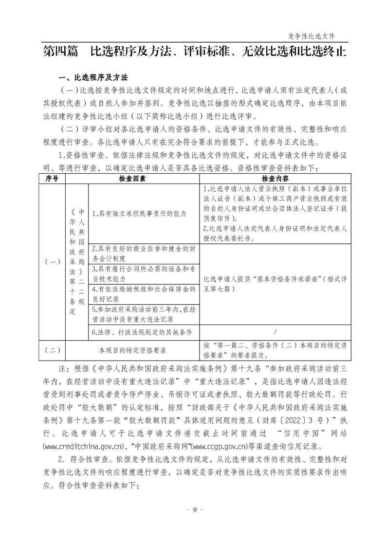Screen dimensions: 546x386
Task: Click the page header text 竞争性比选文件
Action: click(x=312, y=36)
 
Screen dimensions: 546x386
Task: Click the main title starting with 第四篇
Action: click(x=195, y=52)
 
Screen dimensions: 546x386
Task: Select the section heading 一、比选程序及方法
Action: click(x=92, y=77)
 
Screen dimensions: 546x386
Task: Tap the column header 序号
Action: click(x=52, y=179)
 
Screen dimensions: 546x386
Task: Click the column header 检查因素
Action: click(x=132, y=179)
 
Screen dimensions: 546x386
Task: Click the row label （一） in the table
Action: click(x=52, y=262)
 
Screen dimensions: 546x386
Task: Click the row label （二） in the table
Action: click(x=52, y=350)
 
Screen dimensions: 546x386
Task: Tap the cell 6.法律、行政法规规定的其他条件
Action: click(x=142, y=332)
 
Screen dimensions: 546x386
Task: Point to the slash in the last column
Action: click(x=275, y=332)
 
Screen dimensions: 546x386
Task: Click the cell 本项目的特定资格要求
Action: click(x=132, y=350)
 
